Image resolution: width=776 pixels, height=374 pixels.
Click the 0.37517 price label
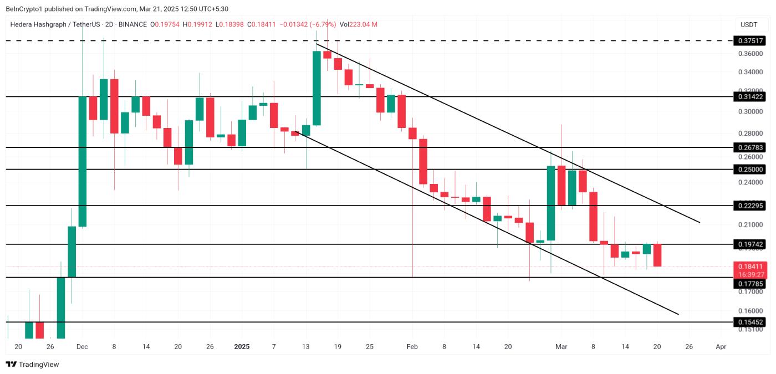751,41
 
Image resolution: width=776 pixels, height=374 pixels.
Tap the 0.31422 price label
751,96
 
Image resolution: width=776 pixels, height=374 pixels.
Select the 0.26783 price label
751,147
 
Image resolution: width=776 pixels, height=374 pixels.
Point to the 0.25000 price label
751,169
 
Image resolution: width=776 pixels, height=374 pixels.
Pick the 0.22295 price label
751,206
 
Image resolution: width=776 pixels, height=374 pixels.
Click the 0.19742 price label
751,244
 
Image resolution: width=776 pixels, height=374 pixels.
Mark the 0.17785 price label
751,284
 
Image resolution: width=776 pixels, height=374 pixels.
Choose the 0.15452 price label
751,322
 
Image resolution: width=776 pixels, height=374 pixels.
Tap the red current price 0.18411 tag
751,267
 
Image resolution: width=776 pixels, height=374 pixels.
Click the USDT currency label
749,25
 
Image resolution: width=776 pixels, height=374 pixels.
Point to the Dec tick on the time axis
81,347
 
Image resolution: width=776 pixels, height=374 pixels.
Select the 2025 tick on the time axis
242,347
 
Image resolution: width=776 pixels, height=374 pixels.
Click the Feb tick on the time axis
412,347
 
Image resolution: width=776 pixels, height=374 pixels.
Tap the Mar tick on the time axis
561,347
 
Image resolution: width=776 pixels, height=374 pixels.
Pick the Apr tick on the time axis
721,347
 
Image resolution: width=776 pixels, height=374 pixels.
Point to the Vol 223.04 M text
359,24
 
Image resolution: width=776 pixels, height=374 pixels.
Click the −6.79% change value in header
323,24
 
